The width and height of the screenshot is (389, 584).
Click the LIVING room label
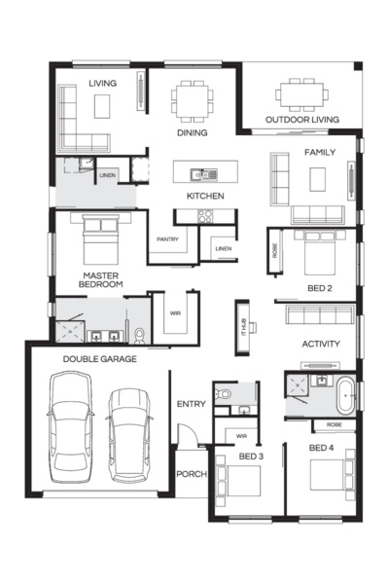pos(102,84)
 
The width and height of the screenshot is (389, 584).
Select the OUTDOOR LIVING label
pos(301,121)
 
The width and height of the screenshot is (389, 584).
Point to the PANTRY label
pos(166,238)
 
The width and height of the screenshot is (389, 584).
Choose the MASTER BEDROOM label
pos(100,280)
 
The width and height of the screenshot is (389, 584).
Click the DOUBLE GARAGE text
pos(100,359)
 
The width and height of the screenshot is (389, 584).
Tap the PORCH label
pos(192,475)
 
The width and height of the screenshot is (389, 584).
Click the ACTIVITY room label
pos(320,345)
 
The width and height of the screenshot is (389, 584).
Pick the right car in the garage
pos(130,434)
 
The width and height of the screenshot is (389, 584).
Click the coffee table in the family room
pos(318,179)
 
